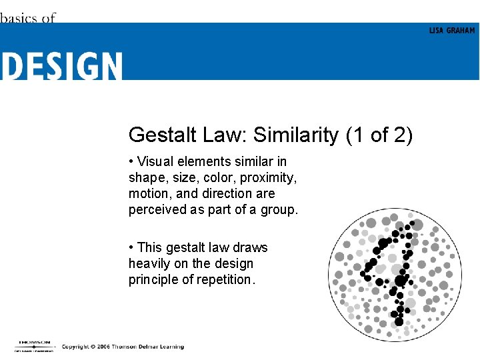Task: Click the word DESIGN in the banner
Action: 61,67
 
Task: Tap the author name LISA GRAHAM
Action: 451,31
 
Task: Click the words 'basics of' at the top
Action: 27,18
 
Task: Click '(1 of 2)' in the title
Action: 379,135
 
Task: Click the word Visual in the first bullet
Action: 155,162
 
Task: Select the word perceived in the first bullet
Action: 155,210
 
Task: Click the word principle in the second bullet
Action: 152,279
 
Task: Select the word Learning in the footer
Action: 170,347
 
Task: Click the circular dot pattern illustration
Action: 395,275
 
